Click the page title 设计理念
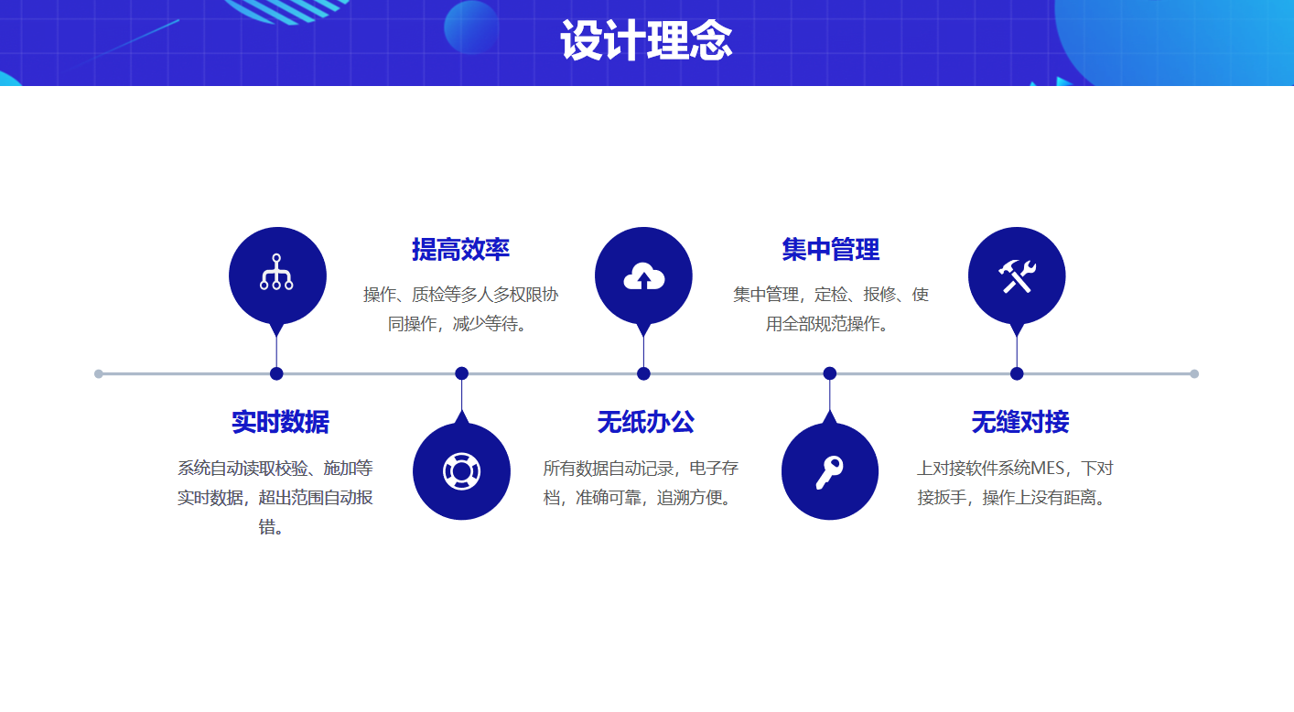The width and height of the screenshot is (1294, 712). click(x=646, y=41)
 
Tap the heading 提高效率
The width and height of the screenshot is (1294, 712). click(x=460, y=249)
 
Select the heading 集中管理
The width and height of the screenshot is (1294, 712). click(x=830, y=249)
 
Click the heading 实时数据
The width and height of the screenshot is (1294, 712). click(x=280, y=422)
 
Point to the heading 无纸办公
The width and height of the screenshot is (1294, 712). click(x=645, y=422)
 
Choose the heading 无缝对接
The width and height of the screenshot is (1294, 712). click(x=1019, y=422)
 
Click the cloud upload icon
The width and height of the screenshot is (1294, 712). click(x=643, y=276)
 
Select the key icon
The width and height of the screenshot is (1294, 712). click(x=829, y=471)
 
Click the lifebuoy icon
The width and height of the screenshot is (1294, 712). click(x=461, y=471)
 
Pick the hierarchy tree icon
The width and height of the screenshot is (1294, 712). click(x=276, y=273)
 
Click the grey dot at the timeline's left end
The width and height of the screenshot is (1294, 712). click(x=99, y=373)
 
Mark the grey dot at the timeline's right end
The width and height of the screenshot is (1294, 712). click(x=1194, y=373)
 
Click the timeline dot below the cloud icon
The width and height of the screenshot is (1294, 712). click(x=643, y=373)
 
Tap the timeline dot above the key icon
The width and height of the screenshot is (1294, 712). click(x=830, y=373)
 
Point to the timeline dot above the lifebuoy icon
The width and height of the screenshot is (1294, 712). click(x=462, y=373)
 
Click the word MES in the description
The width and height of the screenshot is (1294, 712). click(x=1048, y=469)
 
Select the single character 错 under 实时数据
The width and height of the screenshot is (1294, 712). click(x=268, y=527)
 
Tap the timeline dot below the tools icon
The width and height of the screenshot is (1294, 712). click(x=1017, y=373)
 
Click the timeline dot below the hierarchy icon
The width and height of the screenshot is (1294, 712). click(x=276, y=373)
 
